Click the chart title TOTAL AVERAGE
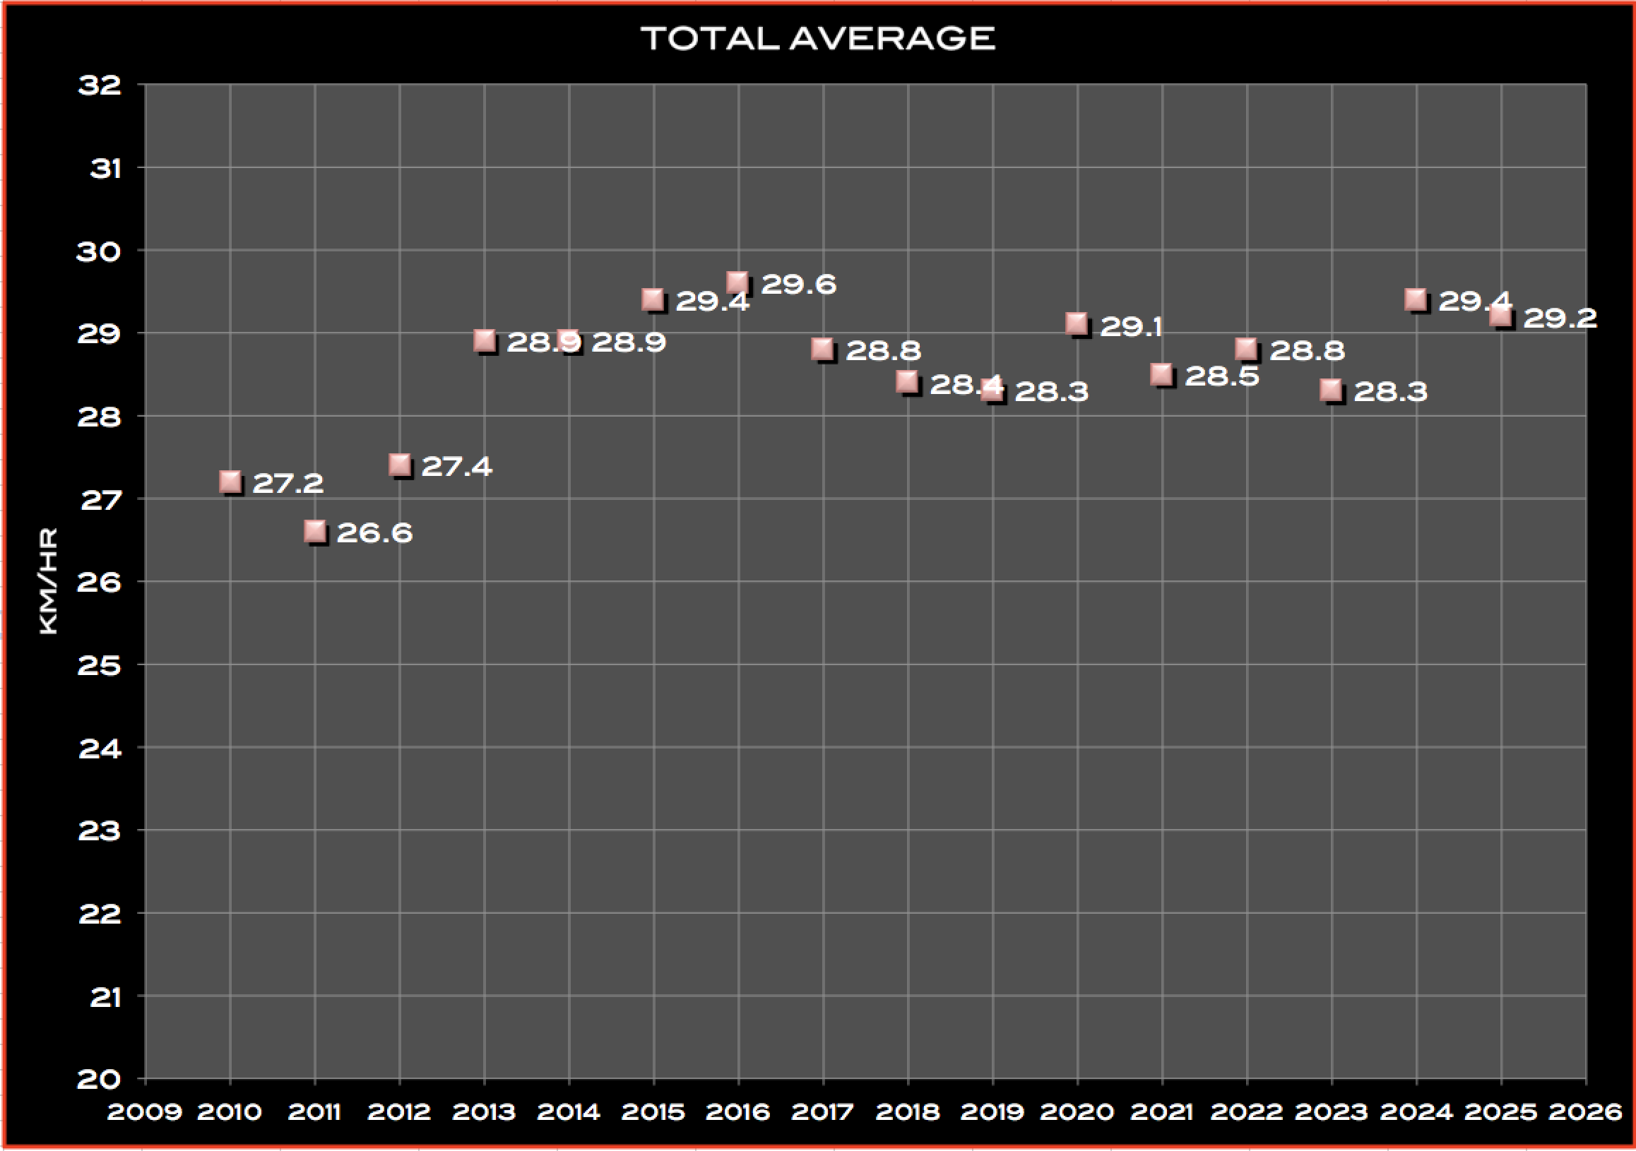(x=817, y=38)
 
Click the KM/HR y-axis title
(x=48, y=580)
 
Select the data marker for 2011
(x=315, y=531)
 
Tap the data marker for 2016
(x=737, y=282)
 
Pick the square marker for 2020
(x=1077, y=324)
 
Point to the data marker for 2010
(x=230, y=482)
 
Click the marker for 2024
(x=1416, y=300)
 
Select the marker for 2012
(x=400, y=465)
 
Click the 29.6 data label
(x=798, y=284)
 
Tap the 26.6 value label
(x=374, y=532)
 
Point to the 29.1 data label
(x=1131, y=326)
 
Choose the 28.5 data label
(x=1221, y=376)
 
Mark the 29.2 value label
(x=1560, y=318)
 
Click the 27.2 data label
(x=288, y=484)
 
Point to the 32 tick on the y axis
(x=100, y=85)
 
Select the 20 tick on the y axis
(x=100, y=1079)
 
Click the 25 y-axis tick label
(x=100, y=665)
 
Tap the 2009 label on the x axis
(x=145, y=1112)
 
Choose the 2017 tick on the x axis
(x=822, y=1112)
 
